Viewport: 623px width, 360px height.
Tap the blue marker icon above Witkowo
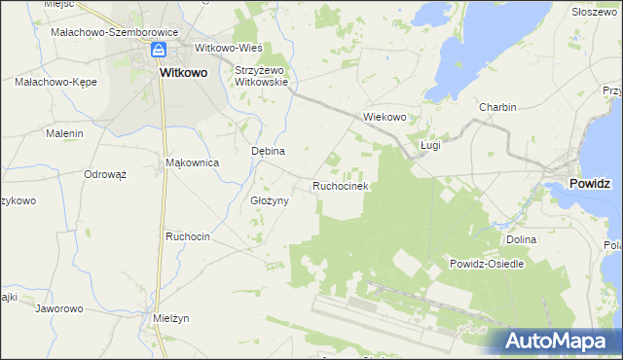click(x=158, y=51)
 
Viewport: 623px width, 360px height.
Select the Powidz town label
click(x=591, y=182)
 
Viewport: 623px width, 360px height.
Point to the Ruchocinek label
click(x=339, y=185)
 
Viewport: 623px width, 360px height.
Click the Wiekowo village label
click(x=384, y=117)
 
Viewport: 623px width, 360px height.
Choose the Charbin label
click(x=496, y=107)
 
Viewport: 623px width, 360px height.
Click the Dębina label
click(x=268, y=152)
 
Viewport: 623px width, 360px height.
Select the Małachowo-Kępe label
click(x=55, y=83)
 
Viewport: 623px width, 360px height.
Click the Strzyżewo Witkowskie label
click(x=262, y=76)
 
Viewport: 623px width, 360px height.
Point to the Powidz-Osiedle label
click(x=487, y=264)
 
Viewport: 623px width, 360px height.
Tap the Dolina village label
click(x=522, y=238)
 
